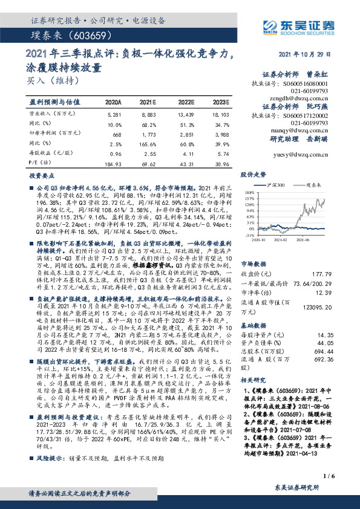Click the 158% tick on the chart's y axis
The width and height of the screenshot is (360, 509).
pos(249,198)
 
